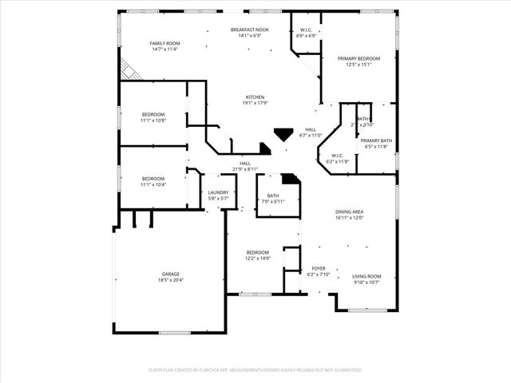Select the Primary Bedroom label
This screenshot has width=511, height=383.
tap(358, 58)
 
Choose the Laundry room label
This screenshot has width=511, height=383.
tap(218, 192)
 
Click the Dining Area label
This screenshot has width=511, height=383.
tap(349, 211)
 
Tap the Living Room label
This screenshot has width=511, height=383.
tap(366, 276)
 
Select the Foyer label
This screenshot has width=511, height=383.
tap(318, 268)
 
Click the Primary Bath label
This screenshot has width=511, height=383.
tap(375, 140)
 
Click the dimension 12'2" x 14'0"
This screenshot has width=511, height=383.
tap(257, 258)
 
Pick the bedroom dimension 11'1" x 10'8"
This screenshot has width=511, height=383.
tap(153, 120)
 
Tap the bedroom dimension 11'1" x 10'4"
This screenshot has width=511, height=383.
tap(153, 184)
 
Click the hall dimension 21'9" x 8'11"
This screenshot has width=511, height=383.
tap(245, 169)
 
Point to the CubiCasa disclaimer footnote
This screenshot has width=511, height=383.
tap(255, 369)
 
